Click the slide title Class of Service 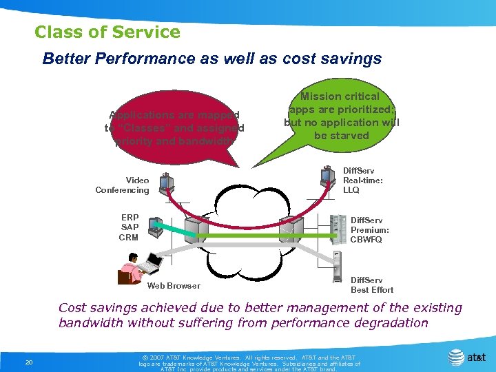107,32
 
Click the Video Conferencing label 122,185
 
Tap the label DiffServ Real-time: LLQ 363,180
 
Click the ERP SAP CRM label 129,227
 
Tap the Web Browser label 174,286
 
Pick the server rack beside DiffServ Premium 338,229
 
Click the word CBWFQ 366,240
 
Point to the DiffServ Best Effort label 372,285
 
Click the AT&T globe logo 456,358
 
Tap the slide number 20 28,363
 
